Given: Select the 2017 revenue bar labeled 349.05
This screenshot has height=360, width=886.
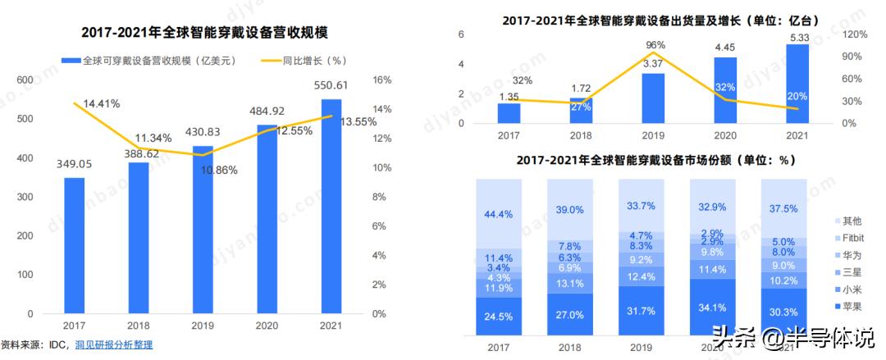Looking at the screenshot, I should pos(75,246).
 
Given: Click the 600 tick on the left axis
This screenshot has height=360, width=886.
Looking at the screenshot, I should pos(25,80).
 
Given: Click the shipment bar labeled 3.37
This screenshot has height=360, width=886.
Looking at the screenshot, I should pos(653,98).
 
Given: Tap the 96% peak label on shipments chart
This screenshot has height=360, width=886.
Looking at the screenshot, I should pos(655,44).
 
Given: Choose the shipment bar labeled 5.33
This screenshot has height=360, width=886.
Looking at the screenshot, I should pos(797,83).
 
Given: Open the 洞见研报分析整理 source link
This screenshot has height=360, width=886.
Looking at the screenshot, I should pos(114,345).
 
